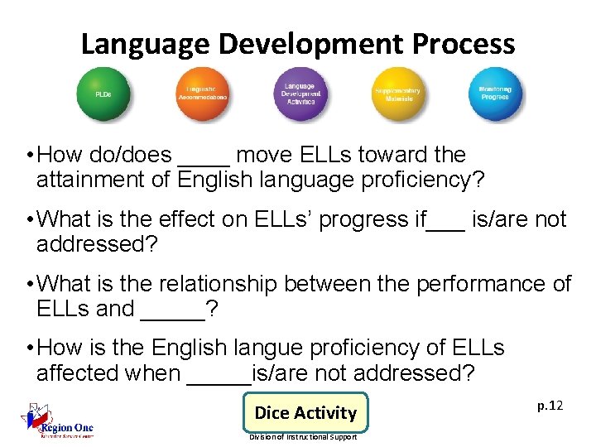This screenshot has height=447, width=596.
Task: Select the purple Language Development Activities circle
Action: click(299, 93)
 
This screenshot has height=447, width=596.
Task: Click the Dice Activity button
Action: click(305, 412)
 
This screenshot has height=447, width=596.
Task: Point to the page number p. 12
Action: click(550, 405)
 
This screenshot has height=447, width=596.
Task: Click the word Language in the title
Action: click(138, 43)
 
